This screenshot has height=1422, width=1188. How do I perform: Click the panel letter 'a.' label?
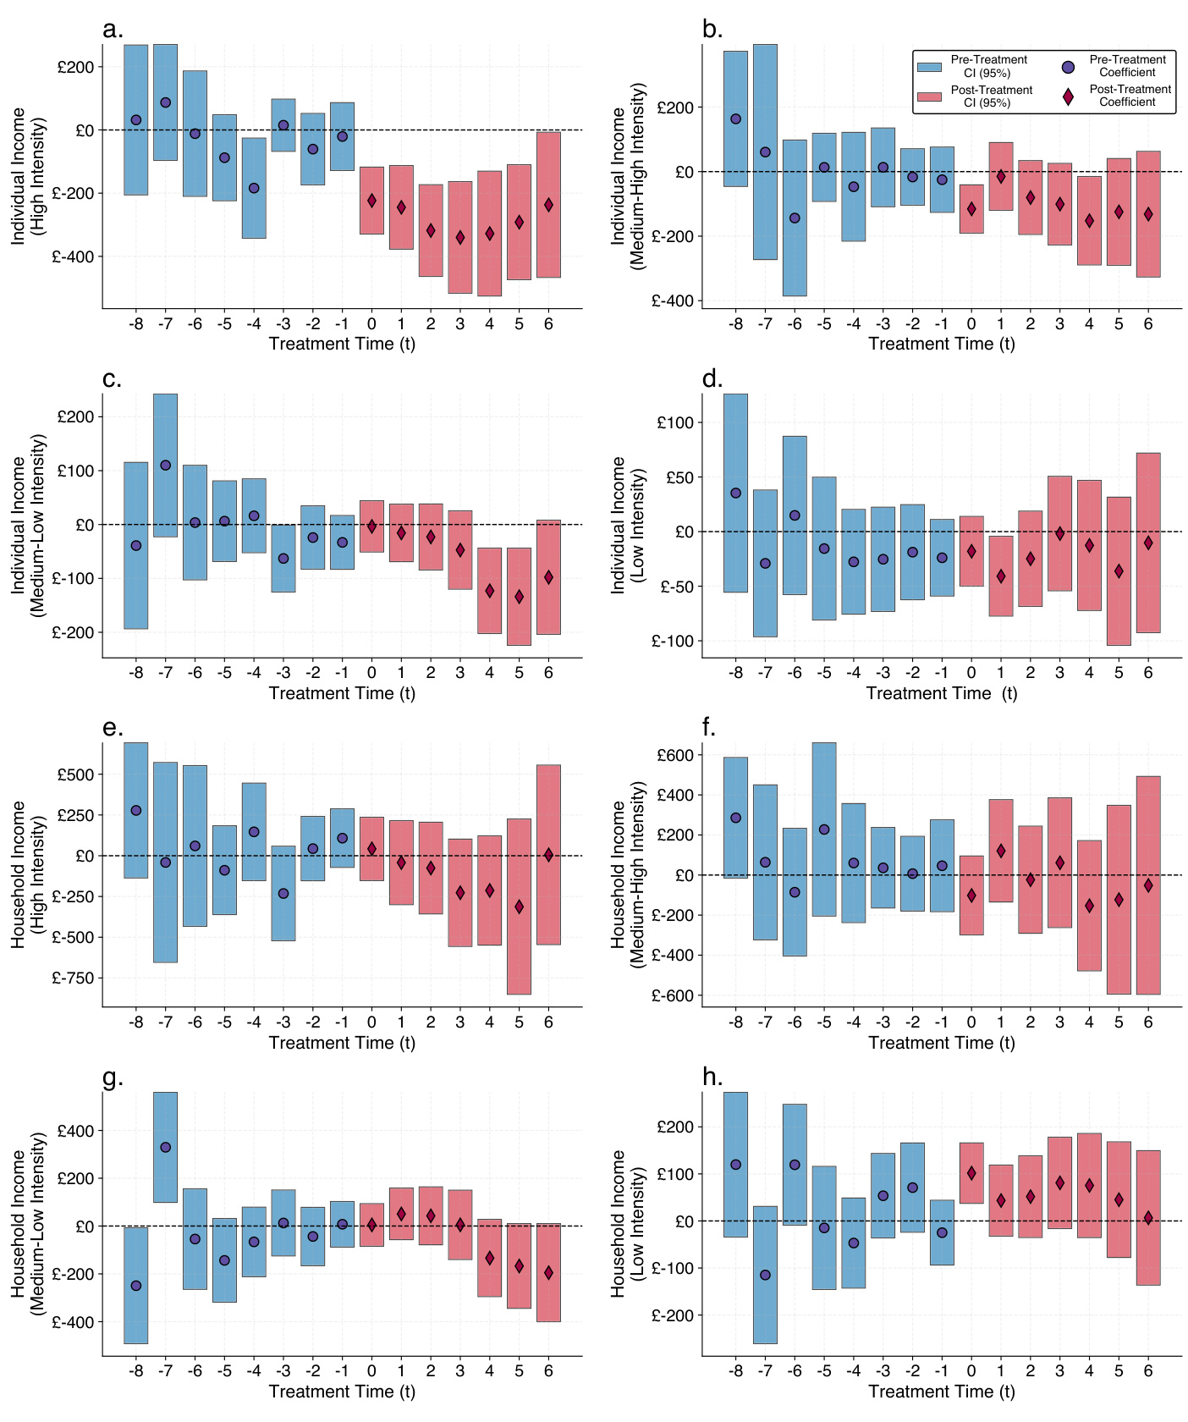point(113,30)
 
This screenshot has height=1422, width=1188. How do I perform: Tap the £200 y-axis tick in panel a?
point(75,68)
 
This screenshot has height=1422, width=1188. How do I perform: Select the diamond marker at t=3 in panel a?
point(460,238)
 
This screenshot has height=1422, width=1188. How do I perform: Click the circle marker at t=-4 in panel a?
point(254,188)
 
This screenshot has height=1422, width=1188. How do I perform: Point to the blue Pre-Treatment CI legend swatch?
point(929,67)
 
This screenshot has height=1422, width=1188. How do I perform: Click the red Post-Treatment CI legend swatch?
point(929,96)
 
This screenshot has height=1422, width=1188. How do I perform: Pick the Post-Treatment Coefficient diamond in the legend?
point(1068,96)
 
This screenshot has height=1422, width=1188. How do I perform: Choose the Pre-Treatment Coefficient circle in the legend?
point(1068,67)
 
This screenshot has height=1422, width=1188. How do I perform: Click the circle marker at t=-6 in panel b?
point(795,218)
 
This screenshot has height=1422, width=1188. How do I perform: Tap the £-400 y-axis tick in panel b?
point(673,300)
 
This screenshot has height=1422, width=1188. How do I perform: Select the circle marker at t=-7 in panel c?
point(166,466)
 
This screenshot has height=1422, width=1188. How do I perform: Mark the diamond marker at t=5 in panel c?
point(519,597)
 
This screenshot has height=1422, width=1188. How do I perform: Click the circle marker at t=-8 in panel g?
point(136,1286)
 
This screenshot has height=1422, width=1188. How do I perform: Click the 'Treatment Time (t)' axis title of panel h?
point(941,1392)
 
